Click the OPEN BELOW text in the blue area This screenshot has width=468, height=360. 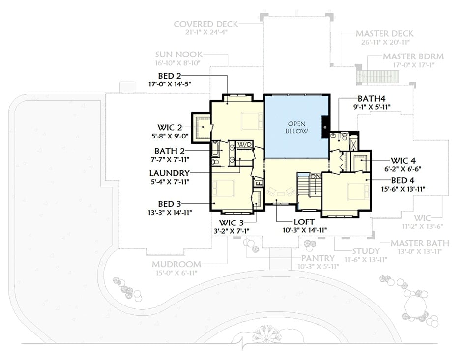coord(297,128)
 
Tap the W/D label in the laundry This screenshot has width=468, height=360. coord(244,144)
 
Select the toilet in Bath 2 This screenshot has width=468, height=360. coord(214,161)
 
